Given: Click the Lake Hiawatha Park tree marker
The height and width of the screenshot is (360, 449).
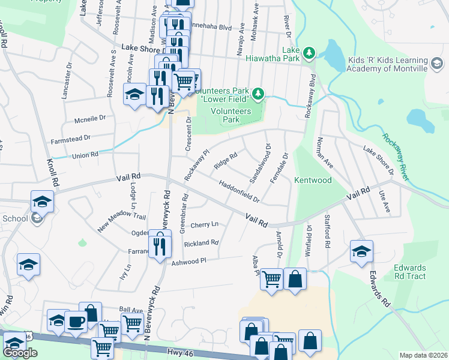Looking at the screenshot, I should (309, 53).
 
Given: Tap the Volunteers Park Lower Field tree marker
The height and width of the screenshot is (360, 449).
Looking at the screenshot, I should (258, 93).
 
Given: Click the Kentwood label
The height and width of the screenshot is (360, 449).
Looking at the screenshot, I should (313, 180).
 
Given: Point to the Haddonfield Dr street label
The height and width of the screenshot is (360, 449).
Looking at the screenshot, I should (239, 191).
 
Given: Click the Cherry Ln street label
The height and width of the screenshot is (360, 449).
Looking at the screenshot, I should (204, 225).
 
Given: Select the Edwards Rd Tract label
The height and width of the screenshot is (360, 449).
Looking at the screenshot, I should (410, 272).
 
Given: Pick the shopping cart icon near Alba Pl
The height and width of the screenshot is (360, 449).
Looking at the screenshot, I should (272, 279).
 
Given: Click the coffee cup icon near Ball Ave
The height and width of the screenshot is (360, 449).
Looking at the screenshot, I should (76, 322).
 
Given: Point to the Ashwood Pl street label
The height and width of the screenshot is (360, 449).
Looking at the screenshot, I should (189, 261).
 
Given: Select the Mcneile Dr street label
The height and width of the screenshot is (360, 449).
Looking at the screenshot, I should (89, 119).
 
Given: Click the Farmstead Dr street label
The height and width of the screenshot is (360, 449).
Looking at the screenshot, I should (70, 137).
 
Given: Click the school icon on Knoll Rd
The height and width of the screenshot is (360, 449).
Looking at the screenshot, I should (42, 202).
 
